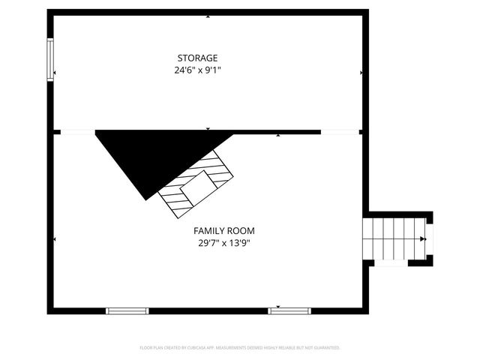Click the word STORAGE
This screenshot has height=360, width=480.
(x=197, y=58)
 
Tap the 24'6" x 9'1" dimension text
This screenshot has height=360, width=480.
(x=197, y=70)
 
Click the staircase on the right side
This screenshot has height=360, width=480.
(x=394, y=239)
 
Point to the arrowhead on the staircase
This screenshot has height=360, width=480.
(x=423, y=239)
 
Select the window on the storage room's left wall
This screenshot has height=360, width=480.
(x=51, y=60)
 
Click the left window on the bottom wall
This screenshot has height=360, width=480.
(x=127, y=310)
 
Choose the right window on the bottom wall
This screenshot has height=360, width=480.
(x=289, y=310)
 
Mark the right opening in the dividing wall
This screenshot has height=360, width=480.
(x=339, y=132)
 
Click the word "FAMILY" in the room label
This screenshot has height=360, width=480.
(x=206, y=230)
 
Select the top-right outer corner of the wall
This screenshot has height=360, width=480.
(x=367, y=11)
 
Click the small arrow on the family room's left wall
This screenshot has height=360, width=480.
(x=55, y=239)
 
